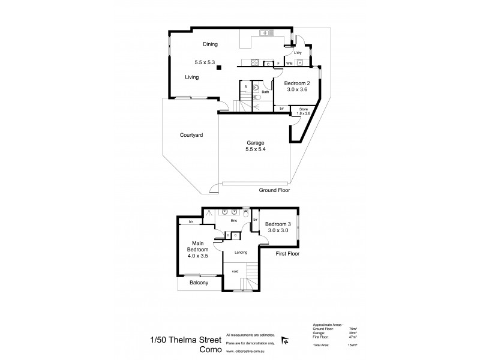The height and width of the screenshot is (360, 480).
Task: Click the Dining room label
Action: pyautogui.click(x=209, y=44)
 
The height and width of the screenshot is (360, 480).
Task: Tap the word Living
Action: pyautogui.click(x=192, y=77)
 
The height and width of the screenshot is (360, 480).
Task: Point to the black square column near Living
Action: pyautogui.click(x=219, y=68)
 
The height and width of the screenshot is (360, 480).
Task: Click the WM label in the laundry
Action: pyautogui.click(x=289, y=63)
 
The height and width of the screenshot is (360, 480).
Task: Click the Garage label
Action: pyautogui.click(x=256, y=143)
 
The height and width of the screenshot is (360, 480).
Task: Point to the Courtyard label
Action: pyautogui.click(x=191, y=136)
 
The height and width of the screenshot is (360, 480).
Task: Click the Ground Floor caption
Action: pyautogui.click(x=274, y=190)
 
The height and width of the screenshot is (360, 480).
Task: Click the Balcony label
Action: pyautogui.click(x=197, y=283)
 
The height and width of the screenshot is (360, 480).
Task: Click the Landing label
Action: pyautogui.click(x=241, y=252)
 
